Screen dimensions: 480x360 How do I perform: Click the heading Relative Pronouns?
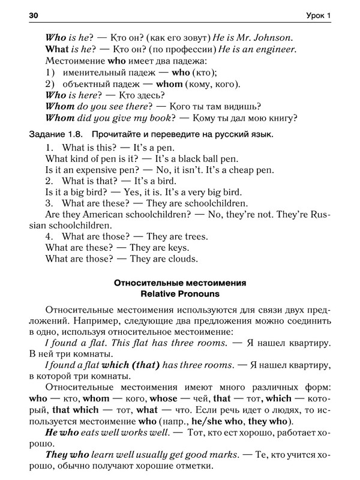pyautogui.click(x=180, y=295)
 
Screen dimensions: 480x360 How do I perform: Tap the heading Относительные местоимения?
pyautogui.click(x=180, y=283)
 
